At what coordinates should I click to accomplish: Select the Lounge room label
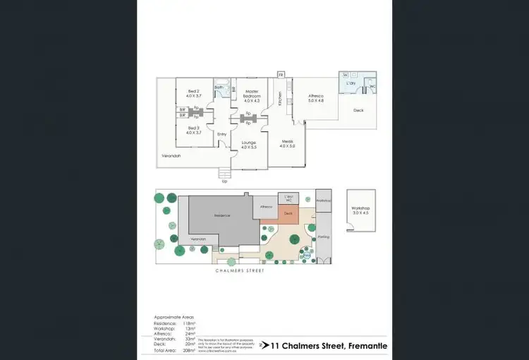click(x=248, y=143)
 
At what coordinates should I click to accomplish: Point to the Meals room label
click(x=287, y=143)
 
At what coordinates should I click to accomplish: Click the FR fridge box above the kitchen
click(x=281, y=74)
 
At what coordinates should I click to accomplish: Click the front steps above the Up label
click(x=225, y=173)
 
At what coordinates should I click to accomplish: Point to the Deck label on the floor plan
click(x=358, y=110)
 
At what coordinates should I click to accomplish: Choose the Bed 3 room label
click(x=194, y=129)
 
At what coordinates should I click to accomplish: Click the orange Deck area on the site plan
click(x=288, y=214)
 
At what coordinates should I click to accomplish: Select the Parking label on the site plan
click(x=324, y=236)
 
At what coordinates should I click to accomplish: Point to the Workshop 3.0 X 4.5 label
click(x=360, y=210)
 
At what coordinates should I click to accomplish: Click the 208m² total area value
click(x=188, y=350)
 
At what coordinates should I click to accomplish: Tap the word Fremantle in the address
click(x=366, y=345)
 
